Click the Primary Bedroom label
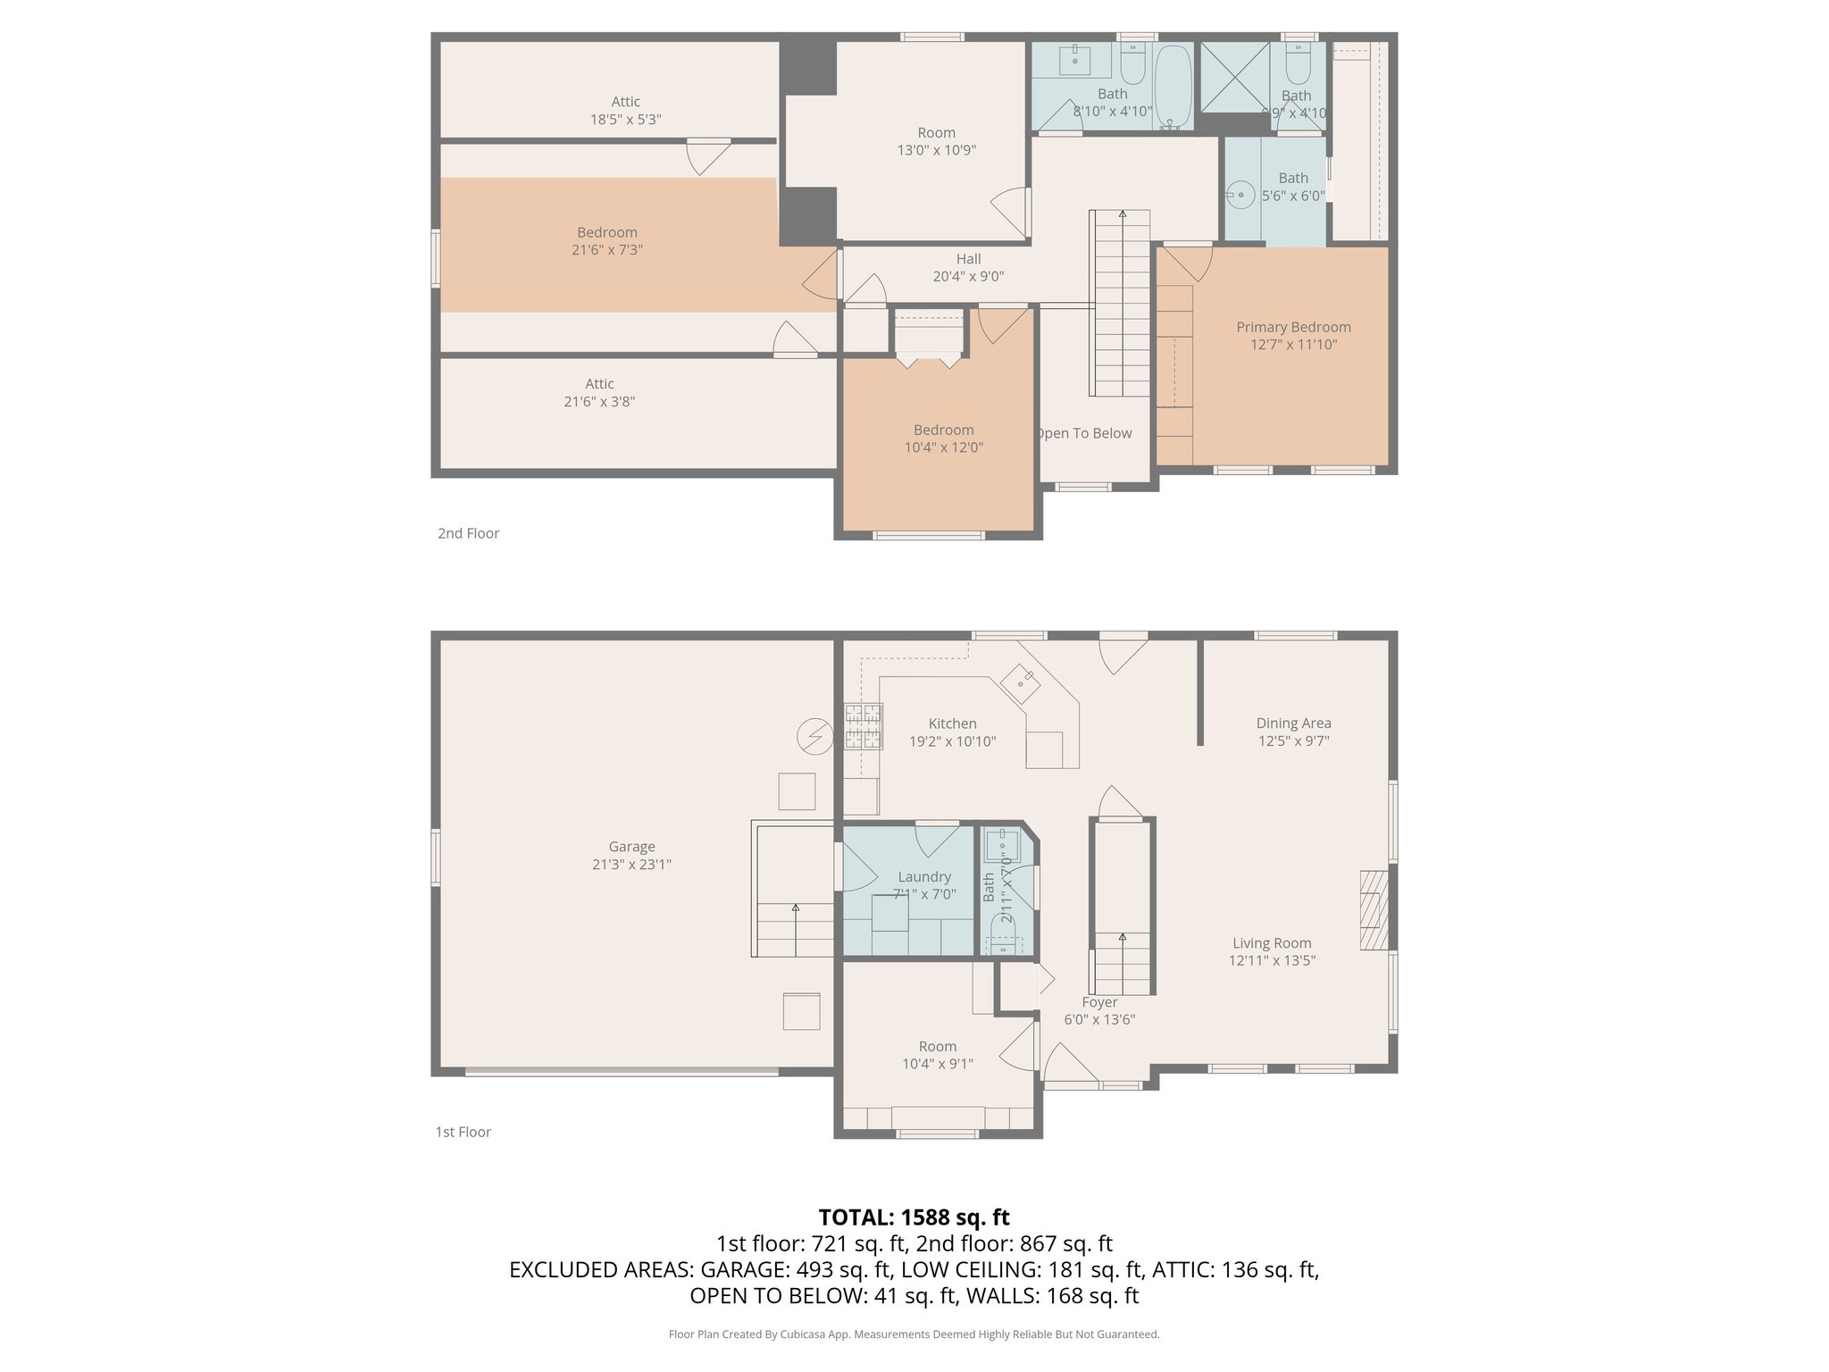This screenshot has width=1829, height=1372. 1292,327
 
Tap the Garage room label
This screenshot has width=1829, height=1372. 631,847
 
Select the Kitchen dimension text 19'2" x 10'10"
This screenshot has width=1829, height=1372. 952,741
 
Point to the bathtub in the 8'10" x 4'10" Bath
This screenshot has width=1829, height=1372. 1173,87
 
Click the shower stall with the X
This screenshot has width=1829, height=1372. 1233,78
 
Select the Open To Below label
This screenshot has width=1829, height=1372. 1083,433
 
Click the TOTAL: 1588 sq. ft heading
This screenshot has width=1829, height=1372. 914,1217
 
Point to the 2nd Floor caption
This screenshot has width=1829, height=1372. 468,533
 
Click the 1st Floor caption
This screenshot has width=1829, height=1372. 463,1132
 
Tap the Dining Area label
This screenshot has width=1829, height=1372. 1293,724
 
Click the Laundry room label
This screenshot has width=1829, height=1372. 924,877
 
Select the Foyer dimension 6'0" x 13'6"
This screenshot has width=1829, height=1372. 1099,1020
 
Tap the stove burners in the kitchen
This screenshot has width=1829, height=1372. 863,725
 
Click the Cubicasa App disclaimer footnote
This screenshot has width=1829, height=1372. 914,1334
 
